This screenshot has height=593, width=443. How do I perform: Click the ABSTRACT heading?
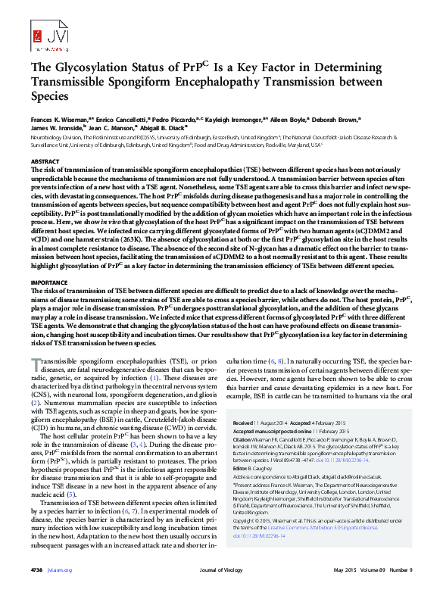tap(44, 162)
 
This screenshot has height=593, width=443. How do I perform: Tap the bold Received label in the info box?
tap(244, 423)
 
